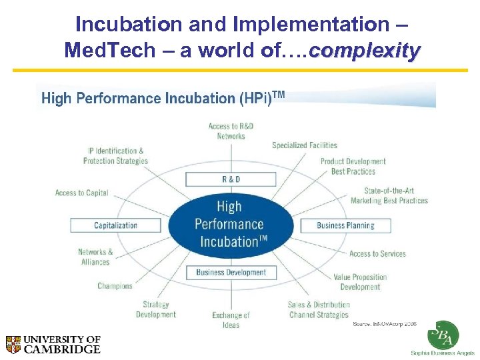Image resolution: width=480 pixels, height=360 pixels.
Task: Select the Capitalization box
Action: pyautogui.click(x=115, y=225)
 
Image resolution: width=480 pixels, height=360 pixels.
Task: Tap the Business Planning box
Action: pyautogui.click(x=345, y=225)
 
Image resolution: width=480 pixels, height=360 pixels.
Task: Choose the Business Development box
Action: pyautogui.click(x=231, y=272)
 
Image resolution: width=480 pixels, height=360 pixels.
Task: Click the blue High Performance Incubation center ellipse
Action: pyautogui.click(x=231, y=225)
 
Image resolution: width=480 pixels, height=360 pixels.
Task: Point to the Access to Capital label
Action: pyautogui.click(x=81, y=193)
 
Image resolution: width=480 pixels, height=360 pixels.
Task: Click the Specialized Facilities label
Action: pyautogui.click(x=305, y=145)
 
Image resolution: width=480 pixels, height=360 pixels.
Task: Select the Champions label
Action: pyautogui.click(x=115, y=286)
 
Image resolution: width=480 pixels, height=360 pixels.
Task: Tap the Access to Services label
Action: pyautogui.click(x=377, y=254)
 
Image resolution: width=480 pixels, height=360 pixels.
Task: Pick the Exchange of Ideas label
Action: pyautogui.click(x=231, y=320)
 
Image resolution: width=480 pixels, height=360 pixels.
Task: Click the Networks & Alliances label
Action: pyautogui.click(x=95, y=257)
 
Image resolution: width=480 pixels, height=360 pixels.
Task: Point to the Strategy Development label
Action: pyautogui.click(x=156, y=310)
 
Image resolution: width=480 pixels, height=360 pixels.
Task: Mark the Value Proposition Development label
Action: pyautogui.click(x=360, y=282)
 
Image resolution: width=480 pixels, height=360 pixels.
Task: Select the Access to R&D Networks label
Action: pyautogui.click(x=231, y=131)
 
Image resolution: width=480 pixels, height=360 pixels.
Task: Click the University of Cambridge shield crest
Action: pyautogui.click(x=13, y=344)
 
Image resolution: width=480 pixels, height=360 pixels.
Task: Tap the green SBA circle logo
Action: pyautogui.click(x=443, y=335)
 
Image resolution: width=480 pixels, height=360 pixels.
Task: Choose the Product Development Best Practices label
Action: pyautogui.click(x=353, y=166)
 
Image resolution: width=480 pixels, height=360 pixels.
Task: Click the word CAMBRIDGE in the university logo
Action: pyautogui.click(x=62, y=349)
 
